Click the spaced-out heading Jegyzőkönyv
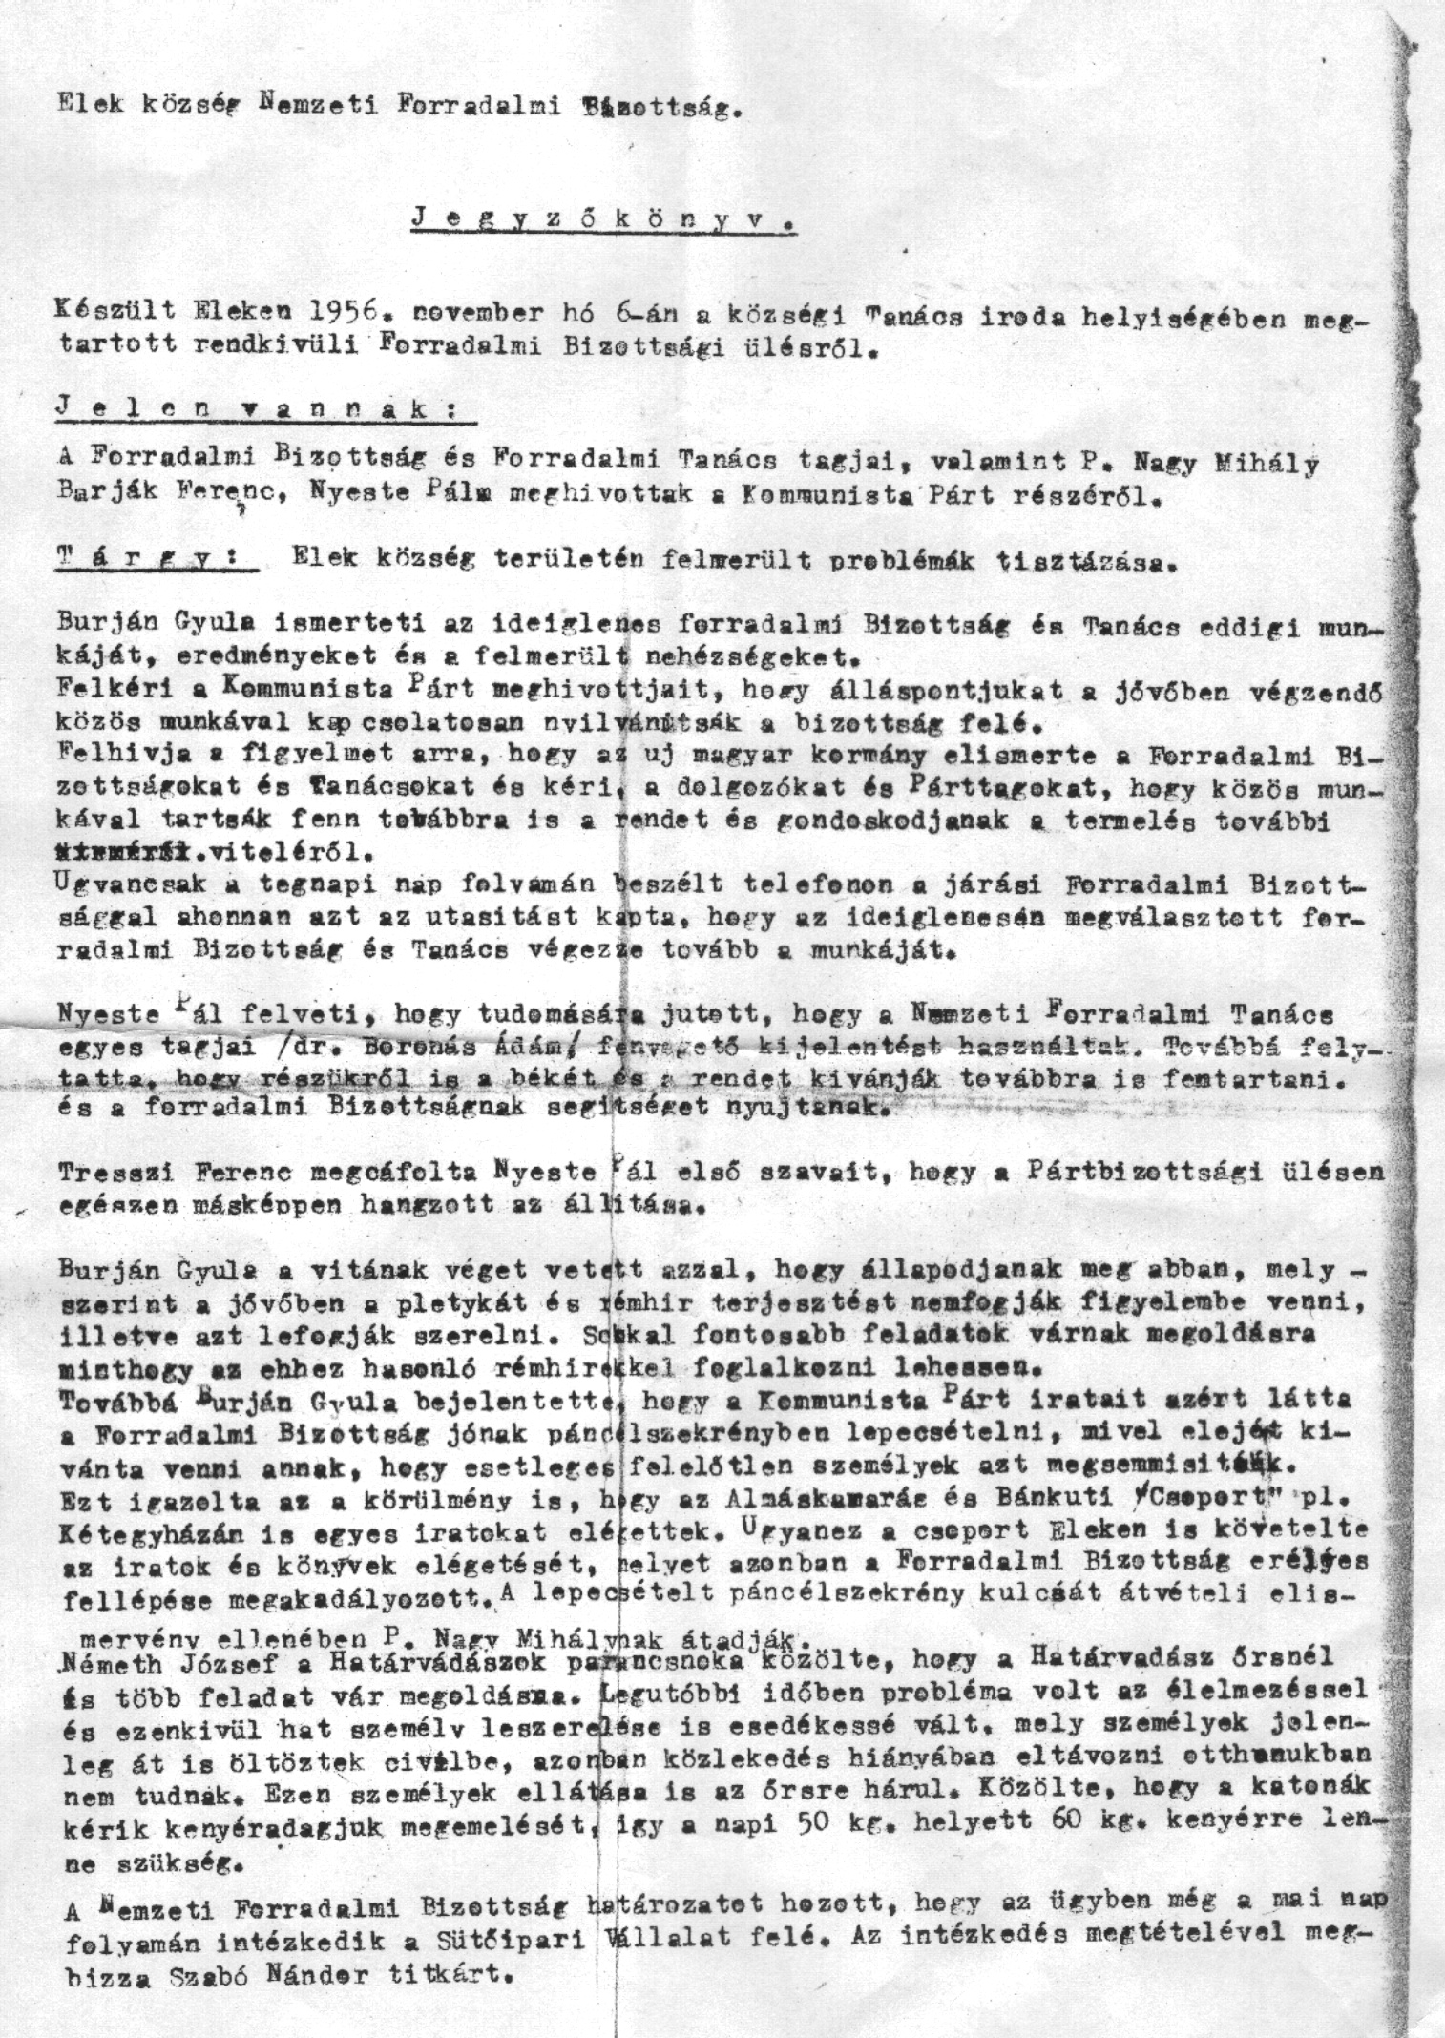click(x=604, y=218)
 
